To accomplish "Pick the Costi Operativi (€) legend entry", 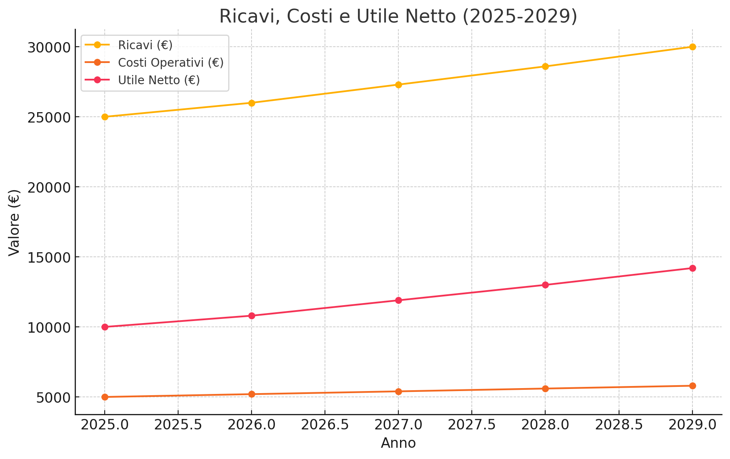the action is (154, 63).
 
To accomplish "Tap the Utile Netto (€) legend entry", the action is (142, 80).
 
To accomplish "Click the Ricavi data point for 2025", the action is (105, 117).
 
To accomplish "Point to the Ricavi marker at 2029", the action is (692, 47).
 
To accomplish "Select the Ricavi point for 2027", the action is (398, 85).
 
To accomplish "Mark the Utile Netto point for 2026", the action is (252, 316).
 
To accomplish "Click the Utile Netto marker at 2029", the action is (692, 268).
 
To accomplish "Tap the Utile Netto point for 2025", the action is (105, 327).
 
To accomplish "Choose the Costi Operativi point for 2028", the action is (545, 389).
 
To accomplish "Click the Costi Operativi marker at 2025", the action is (105, 397).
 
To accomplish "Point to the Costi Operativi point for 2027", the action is (398, 391).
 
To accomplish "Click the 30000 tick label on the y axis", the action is (48, 48).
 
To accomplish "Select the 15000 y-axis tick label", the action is (48, 258).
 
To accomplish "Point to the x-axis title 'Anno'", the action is (398, 443).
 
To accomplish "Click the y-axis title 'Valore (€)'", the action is (15, 222).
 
